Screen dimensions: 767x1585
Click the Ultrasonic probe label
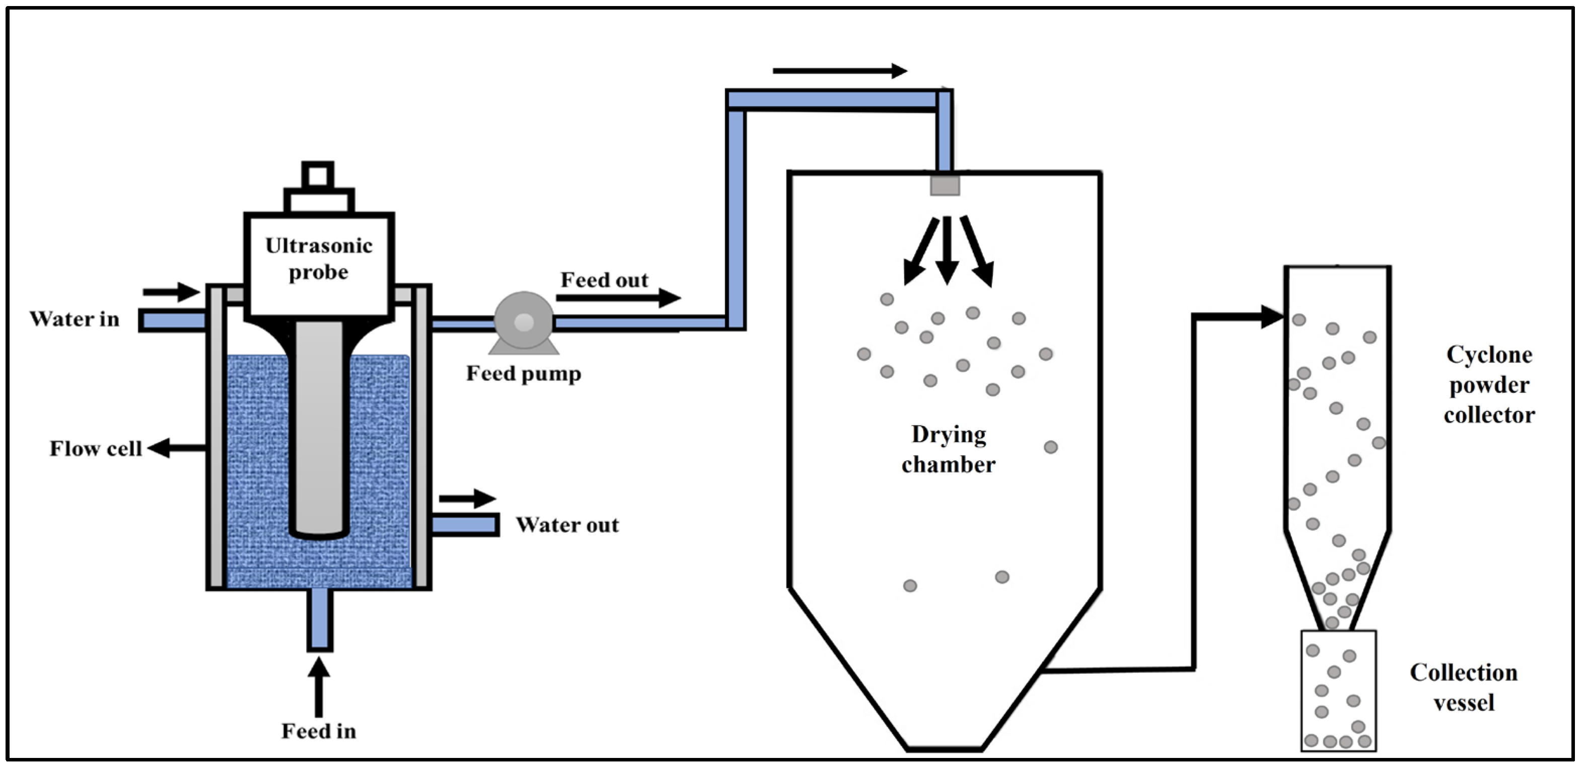coord(319,258)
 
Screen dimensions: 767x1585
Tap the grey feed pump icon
coord(524,322)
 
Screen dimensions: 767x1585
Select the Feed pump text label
coord(524,374)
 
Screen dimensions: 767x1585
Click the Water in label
coord(75,319)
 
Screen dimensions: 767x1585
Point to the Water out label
coord(567,525)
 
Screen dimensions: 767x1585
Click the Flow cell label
coord(95,449)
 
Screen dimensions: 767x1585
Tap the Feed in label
coord(319,731)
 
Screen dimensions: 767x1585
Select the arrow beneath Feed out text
coord(618,298)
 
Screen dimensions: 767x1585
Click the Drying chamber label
coord(948,449)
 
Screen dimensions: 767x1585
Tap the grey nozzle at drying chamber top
coord(945,185)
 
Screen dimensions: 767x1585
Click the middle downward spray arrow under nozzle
coord(947,249)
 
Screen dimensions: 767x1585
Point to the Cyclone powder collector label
coord(1489,385)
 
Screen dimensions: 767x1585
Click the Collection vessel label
coord(1464,687)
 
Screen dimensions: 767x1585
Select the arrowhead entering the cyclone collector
coord(1272,317)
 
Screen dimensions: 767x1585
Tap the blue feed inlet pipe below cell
coord(319,618)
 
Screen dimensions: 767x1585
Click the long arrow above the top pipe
coord(839,71)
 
